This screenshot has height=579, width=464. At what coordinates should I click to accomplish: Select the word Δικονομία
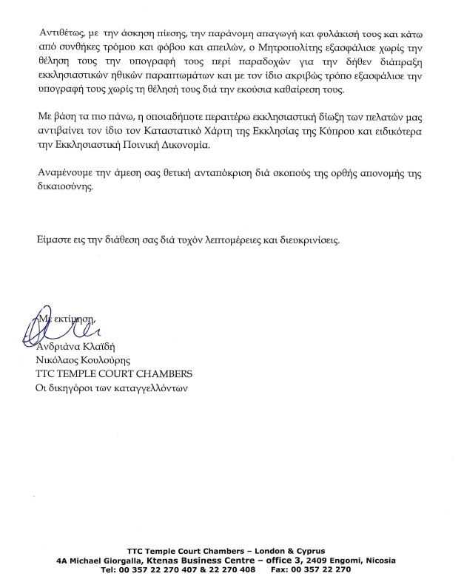[x=184, y=146]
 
